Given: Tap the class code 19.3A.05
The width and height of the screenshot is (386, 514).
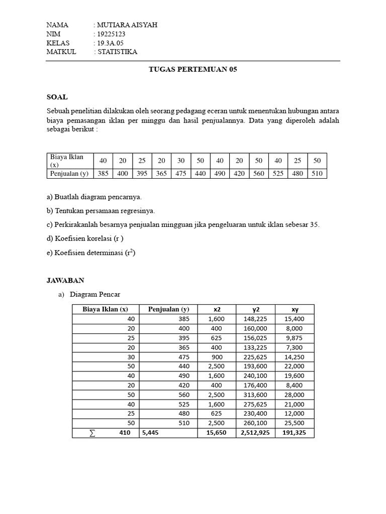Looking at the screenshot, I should tap(112, 43).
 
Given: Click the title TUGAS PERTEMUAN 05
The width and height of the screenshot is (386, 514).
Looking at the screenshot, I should tap(192, 70).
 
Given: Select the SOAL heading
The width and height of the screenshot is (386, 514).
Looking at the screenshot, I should tap(57, 97).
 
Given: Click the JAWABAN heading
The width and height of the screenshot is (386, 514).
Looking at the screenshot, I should tap(65, 280).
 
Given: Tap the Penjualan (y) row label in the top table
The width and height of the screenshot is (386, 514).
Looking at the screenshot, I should tap(69, 174).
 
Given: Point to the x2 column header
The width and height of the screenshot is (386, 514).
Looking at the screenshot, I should tap(217, 309).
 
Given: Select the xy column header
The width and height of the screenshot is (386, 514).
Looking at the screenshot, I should tap(295, 309).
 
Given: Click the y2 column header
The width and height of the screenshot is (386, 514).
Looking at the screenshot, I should tap(255, 309).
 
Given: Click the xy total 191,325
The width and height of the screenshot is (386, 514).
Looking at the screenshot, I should tap(295, 433).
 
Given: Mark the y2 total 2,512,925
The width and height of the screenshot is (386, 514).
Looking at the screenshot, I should tap(255, 433).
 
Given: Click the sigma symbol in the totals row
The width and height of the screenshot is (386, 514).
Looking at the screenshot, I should tap(91, 433).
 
